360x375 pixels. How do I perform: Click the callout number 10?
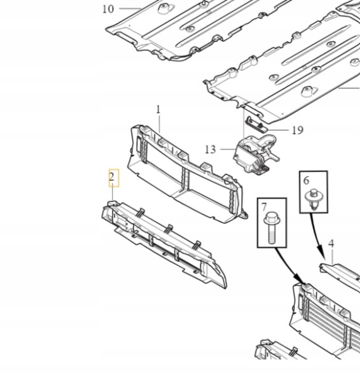pos(108,9)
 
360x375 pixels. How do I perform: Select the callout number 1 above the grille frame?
pos(158,110)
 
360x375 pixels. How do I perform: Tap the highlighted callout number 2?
pos(112,177)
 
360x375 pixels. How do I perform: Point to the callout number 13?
pos(211,150)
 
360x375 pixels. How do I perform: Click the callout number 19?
pos(298,131)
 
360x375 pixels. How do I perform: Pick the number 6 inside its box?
pos(306,180)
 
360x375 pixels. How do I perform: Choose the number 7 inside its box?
pos(264,207)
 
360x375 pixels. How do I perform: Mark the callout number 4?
pos(331,244)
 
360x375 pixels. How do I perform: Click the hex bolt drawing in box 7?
pos(272,228)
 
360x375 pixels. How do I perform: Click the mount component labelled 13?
pos(256,155)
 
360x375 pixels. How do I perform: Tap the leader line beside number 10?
pos(130,9)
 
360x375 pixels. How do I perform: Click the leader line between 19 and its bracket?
pos(278,130)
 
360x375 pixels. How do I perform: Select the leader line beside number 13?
pos(228,149)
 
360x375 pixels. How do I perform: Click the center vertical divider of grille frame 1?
pos(185,179)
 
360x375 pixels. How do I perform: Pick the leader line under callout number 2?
pos(113,192)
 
